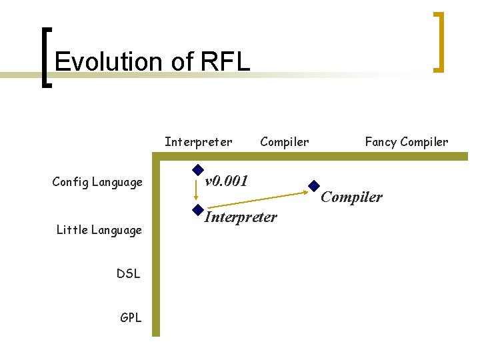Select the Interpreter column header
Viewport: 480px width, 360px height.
[x=198, y=141]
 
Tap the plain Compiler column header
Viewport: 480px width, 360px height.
[x=284, y=141]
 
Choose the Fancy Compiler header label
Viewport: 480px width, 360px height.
[x=406, y=141]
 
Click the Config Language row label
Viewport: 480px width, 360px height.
[x=97, y=182]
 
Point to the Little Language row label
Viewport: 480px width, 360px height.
[x=99, y=230]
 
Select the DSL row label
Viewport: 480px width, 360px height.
[x=128, y=273]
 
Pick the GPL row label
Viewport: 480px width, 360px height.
[x=131, y=317]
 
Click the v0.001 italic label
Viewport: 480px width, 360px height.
[x=227, y=181]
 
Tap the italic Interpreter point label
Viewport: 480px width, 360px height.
[x=241, y=217]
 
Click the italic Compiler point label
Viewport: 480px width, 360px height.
[x=352, y=197]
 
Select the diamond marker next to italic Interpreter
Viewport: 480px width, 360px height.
[x=197, y=209]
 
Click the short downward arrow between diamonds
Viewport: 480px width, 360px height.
[x=197, y=191]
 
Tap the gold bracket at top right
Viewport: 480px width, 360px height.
[x=439, y=41]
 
